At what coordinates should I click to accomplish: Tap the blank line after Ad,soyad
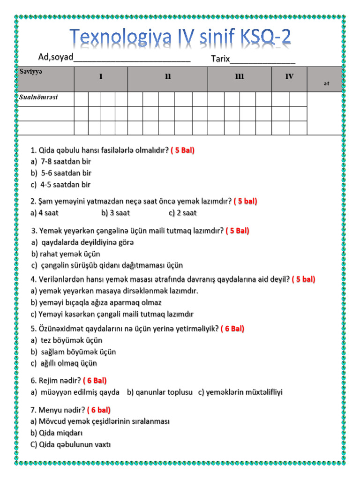click(132, 59)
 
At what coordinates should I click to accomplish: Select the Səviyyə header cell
click(45, 78)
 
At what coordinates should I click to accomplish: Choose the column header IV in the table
click(289, 77)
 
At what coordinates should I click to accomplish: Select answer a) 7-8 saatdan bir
click(61, 162)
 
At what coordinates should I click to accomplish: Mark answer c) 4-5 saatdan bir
click(61, 185)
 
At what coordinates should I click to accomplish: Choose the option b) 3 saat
click(115, 213)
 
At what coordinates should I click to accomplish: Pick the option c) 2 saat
click(182, 213)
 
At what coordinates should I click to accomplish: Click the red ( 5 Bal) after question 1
click(182, 150)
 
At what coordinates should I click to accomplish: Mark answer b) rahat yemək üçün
click(66, 254)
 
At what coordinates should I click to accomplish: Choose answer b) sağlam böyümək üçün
click(73, 352)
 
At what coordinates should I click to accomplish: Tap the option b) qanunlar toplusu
click(159, 392)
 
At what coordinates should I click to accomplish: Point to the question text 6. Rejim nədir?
click(56, 381)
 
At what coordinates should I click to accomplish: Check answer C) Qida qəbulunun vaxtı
click(70, 444)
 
